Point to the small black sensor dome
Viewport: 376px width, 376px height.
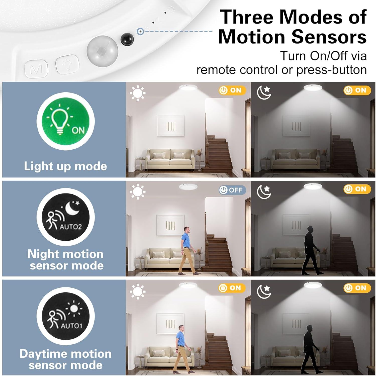(127, 39)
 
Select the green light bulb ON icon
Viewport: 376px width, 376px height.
(65, 121)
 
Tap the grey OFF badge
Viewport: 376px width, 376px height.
(232, 190)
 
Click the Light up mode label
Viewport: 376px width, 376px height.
(65, 166)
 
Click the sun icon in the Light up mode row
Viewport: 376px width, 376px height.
(137, 93)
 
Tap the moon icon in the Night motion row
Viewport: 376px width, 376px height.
(264, 192)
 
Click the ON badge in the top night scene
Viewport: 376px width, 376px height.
(357, 90)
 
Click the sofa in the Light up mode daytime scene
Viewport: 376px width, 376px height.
(170, 158)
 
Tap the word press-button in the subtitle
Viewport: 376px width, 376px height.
(331, 70)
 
